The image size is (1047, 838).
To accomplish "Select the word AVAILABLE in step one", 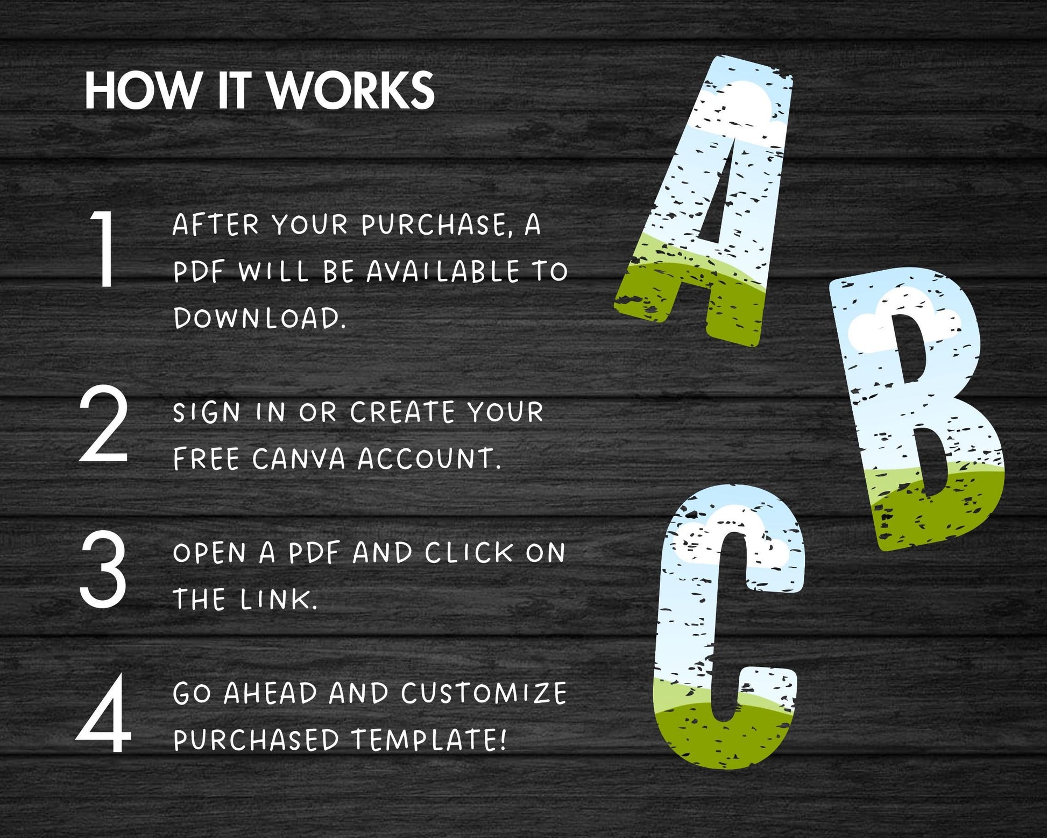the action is pos(443,271).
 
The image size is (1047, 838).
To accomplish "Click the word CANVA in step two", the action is pos(299,459).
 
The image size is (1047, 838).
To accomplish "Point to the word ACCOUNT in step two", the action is pos(429,459).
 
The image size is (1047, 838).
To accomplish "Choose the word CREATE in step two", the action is pos(403,413).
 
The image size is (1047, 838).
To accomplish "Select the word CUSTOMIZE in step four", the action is pos(483,693).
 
